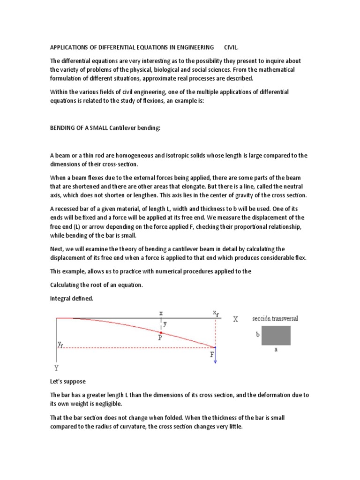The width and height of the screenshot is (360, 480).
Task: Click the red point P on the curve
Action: [161, 332]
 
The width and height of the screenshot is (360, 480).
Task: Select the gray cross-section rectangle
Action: [276, 336]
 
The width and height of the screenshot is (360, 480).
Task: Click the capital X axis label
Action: [235, 319]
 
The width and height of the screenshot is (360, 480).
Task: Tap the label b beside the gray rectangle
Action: [257, 336]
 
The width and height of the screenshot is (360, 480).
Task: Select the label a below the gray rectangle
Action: [276, 349]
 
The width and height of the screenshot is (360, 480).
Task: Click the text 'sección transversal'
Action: [275, 319]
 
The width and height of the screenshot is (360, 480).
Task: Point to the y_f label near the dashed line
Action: [61, 345]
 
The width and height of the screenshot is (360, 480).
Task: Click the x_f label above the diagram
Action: [215, 312]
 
